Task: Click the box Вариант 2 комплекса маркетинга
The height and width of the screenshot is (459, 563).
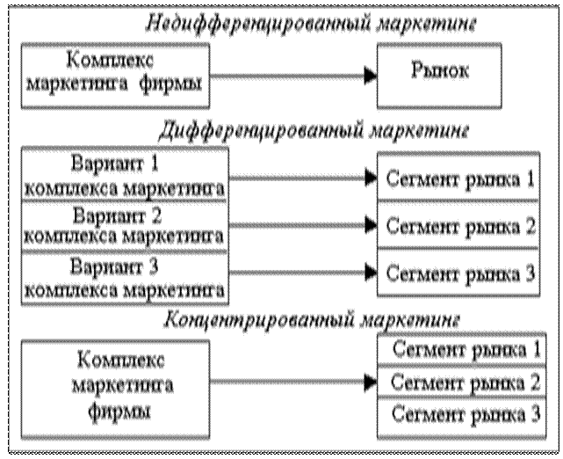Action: click(x=124, y=225)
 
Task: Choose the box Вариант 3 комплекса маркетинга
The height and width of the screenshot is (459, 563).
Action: click(x=124, y=276)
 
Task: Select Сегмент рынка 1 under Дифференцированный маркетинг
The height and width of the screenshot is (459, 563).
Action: click(x=458, y=181)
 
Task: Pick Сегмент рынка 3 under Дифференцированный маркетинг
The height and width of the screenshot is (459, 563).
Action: click(x=458, y=273)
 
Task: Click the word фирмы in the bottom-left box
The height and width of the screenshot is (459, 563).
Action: click(x=122, y=411)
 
